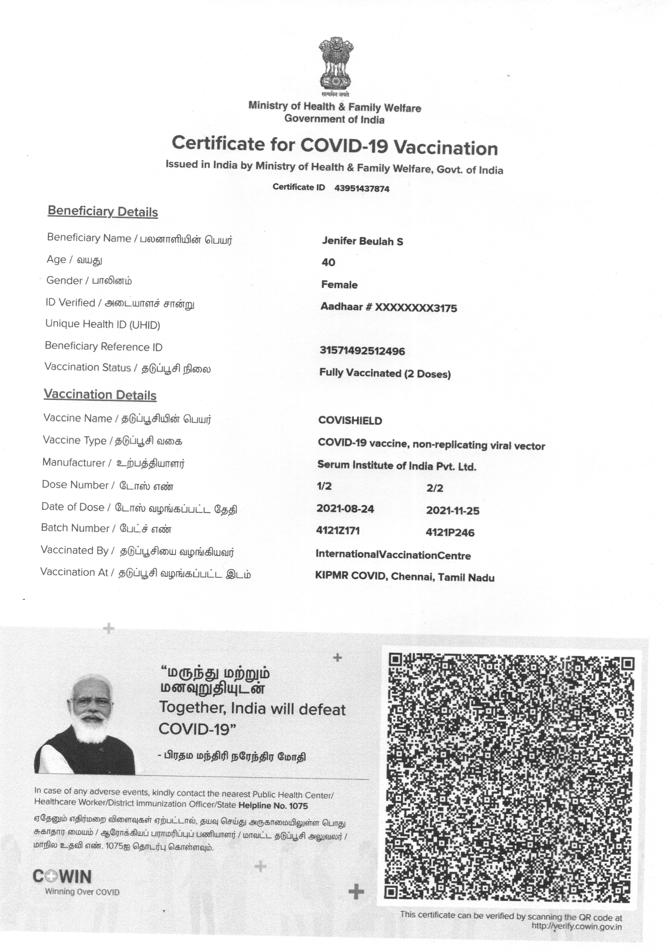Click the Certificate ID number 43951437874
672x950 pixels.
click(362, 189)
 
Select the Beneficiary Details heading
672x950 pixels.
click(103, 212)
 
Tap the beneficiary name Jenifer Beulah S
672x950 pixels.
click(362, 241)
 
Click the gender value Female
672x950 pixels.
click(339, 285)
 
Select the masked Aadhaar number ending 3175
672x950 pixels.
click(389, 308)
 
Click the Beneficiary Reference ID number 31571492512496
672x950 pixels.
click(362, 351)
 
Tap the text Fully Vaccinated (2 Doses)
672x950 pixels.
click(385, 373)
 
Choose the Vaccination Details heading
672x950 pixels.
click(100, 395)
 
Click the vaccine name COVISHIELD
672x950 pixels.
click(350, 421)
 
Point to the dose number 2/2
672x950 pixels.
click(434, 488)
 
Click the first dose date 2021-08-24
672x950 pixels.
click(345, 509)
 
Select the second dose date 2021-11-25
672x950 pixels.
click(453, 511)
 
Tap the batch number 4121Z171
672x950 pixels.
click(338, 530)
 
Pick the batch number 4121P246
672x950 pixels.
click(450, 532)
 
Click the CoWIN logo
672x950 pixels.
click(62, 876)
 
